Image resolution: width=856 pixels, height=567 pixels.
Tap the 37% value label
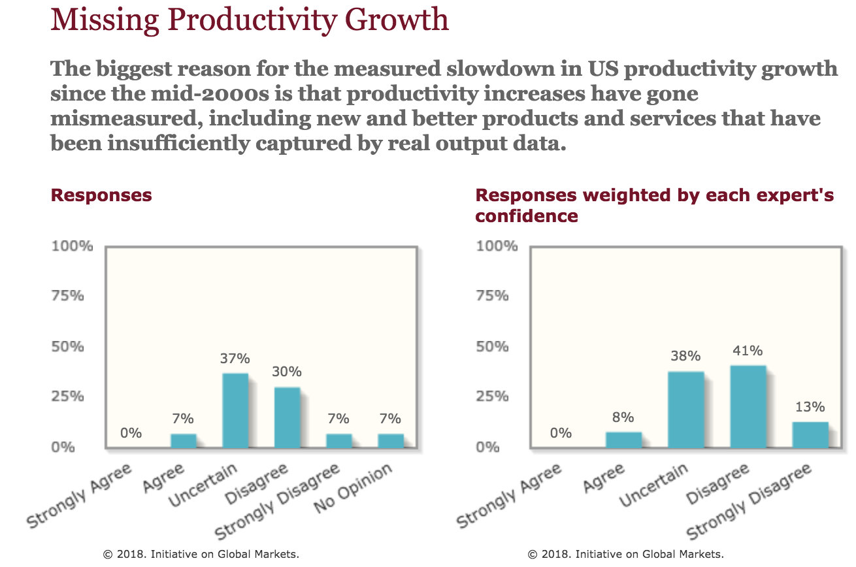pos(235,359)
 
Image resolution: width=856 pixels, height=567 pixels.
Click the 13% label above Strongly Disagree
pos(810,408)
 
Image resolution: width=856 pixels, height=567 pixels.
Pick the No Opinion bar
pos(391,441)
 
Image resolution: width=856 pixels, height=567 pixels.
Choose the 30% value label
pos(286,372)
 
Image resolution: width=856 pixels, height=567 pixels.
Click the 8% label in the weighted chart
pos(623,417)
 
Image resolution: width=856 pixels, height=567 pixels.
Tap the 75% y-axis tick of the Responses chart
pos(68,296)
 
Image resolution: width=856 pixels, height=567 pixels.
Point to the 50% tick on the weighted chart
pos(493,346)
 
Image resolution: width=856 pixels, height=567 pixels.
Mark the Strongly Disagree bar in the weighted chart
pos(810,435)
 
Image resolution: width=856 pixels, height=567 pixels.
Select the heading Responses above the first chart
pos(101,195)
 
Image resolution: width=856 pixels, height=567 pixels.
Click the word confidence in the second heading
pos(527,216)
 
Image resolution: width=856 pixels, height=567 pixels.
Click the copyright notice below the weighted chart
pos(626,554)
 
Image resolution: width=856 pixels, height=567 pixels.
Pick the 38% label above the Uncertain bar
pos(685,357)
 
